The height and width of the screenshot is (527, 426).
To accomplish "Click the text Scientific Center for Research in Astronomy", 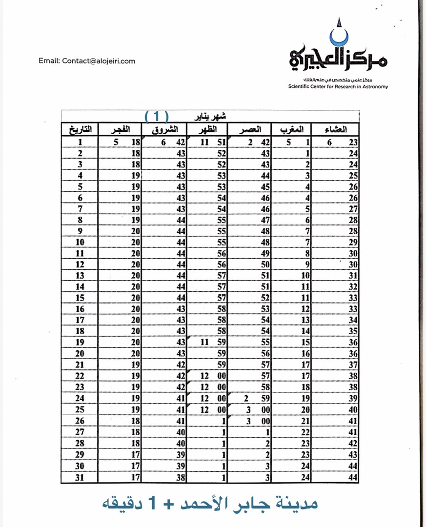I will [338, 86].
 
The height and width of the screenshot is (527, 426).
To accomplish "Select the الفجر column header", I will [120, 130].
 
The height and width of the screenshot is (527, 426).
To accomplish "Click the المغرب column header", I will [293, 130].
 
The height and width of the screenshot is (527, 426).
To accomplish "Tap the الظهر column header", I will [207, 130].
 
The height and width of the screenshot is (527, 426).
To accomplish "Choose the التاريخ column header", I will [80, 130].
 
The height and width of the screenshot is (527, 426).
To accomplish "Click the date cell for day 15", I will [80, 298].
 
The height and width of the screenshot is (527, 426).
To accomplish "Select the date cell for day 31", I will [80, 478].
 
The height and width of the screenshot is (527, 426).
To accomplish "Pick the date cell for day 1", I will [80, 142].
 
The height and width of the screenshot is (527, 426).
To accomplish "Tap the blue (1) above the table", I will [157, 116].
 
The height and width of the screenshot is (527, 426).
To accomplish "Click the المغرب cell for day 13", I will [293, 276].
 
